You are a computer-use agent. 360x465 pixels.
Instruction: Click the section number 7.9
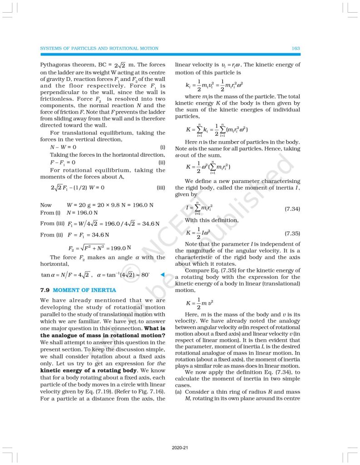pos(45,290)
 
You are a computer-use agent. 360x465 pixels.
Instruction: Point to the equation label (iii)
pos(160,187)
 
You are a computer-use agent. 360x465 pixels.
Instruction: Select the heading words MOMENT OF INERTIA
pos(84,290)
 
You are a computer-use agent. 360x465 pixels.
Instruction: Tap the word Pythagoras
pos(57,64)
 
